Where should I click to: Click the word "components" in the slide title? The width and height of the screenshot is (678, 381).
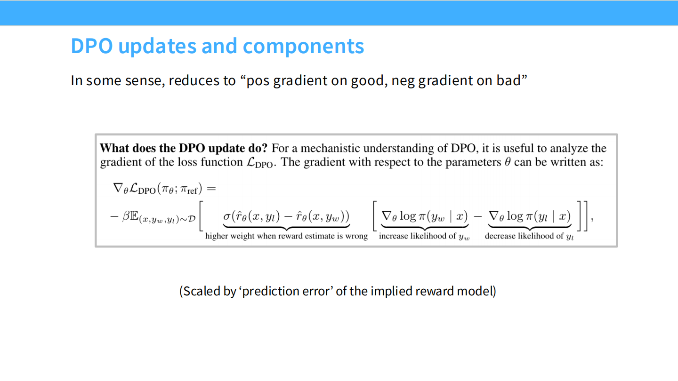coord(303,46)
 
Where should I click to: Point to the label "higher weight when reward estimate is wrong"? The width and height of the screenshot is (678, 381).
coord(286,236)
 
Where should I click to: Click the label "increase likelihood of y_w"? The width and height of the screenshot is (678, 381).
coord(424,236)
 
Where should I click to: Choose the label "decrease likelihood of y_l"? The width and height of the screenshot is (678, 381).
coord(529,236)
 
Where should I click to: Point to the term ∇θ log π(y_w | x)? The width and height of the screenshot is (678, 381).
coord(424,216)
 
